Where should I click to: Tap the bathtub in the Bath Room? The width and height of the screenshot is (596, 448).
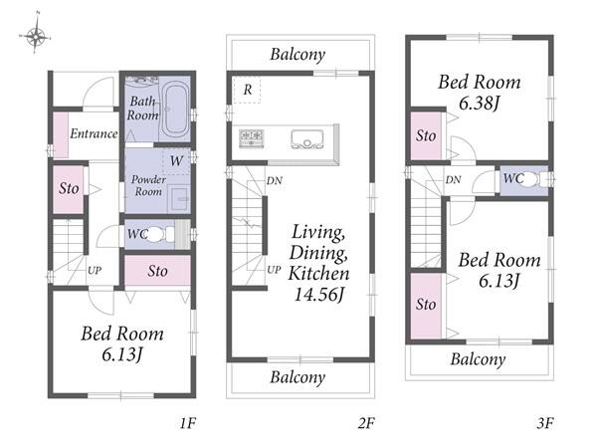pos(174,109)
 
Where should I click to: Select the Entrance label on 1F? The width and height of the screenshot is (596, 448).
pos(94,133)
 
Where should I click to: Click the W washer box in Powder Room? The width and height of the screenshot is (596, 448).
pos(176,161)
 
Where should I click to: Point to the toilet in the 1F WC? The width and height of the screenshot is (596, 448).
pos(158,234)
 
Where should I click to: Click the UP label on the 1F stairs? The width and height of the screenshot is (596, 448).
pos(95,271)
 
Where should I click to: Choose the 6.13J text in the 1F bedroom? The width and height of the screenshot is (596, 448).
pos(122,354)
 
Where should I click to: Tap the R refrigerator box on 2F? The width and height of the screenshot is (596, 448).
pos(247,90)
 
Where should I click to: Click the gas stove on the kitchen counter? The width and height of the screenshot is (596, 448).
pos(252,138)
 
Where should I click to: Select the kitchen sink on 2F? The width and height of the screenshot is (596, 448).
pos(307,138)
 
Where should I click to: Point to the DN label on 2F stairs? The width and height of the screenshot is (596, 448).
pos(274,180)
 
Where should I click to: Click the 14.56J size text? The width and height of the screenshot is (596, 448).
pos(319,294)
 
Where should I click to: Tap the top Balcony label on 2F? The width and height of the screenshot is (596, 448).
pos(298,55)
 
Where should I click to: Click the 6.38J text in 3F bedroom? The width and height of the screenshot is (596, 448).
pos(479,103)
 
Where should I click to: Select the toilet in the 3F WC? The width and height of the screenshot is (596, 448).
pos(532,179)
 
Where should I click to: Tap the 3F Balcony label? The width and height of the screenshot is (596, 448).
pos(478,359)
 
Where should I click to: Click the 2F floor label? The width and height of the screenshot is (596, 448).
pos(366,423)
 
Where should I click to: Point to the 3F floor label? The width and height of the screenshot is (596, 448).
pos(544,423)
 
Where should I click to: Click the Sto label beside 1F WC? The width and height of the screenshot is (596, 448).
pos(157,271)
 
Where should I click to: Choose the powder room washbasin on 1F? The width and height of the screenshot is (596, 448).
pos(179,198)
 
